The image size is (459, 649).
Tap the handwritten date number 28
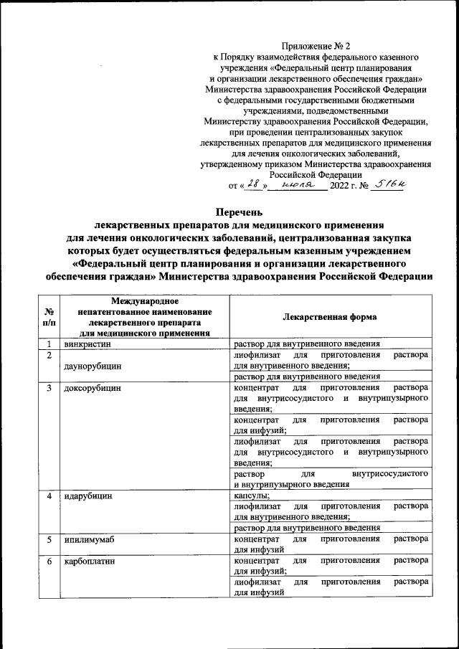[252, 184]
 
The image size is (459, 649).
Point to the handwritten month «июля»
[295, 184]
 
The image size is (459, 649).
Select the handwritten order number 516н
[389, 184]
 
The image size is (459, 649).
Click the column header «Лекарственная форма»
[329, 316]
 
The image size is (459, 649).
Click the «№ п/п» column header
[49, 317]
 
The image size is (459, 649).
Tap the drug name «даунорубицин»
[93, 365]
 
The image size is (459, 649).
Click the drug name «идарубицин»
[89, 496]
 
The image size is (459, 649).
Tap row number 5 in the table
[49, 538]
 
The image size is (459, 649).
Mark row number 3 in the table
[49, 388]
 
